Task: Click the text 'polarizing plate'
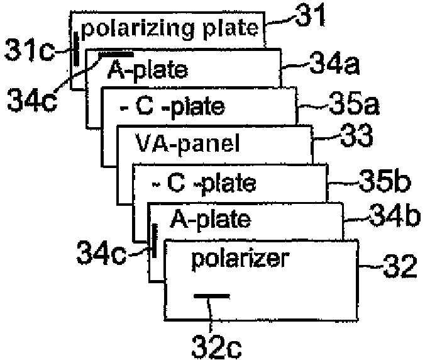pos(170,28)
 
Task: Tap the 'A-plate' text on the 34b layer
pos(210,220)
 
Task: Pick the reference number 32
pos(400,267)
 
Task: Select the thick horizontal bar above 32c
pos(212,295)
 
